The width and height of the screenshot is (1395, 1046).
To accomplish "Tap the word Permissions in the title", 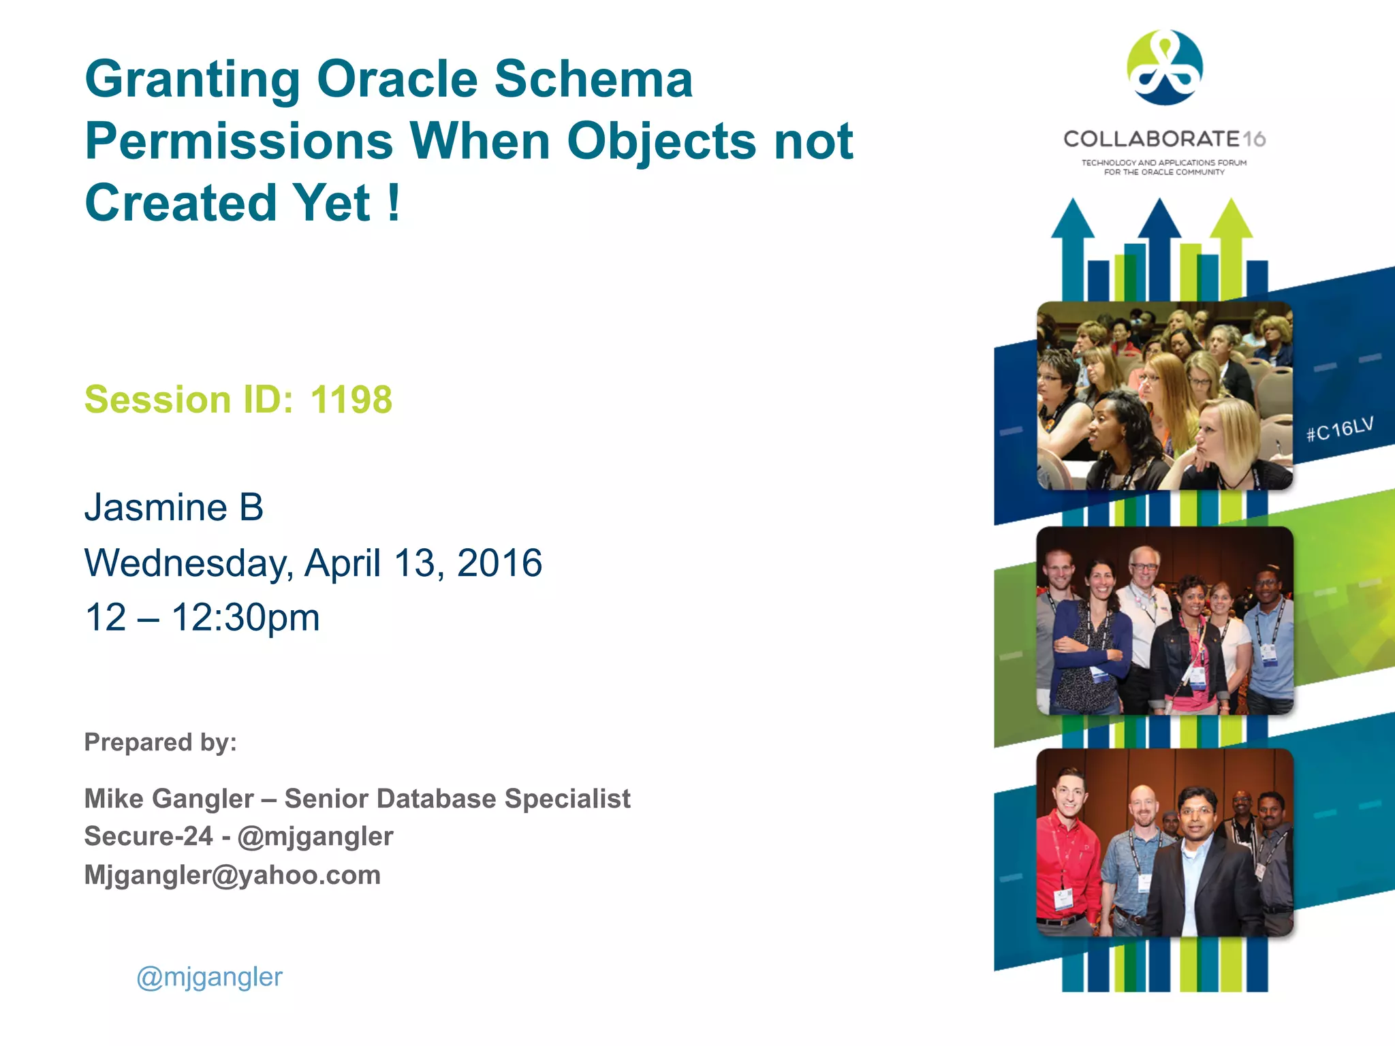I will point(239,142).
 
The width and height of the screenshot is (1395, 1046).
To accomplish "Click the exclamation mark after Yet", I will point(394,203).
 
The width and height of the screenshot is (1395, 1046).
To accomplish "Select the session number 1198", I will point(351,400).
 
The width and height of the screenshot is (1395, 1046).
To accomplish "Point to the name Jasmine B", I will point(174,508).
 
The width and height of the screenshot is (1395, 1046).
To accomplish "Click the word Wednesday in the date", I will point(188,564).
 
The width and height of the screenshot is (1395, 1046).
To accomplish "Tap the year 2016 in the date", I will point(499,563).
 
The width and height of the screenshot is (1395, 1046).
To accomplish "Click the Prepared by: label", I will point(161,742).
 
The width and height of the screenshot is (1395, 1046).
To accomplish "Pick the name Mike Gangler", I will point(169,799).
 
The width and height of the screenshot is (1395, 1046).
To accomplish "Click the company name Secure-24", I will point(148,837).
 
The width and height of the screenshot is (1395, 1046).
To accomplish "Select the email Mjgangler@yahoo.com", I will point(232,875).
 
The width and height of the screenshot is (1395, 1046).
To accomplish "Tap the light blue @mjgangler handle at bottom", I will point(209,977).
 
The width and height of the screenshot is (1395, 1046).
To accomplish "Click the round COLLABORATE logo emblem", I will point(1165,67).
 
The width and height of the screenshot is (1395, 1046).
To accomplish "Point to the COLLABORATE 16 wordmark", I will point(1164,139).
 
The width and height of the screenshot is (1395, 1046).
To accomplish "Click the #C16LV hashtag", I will point(1339,430).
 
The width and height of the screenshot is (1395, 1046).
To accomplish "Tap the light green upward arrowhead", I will point(1231,218).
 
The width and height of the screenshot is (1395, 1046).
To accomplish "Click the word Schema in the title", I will point(593,80).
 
